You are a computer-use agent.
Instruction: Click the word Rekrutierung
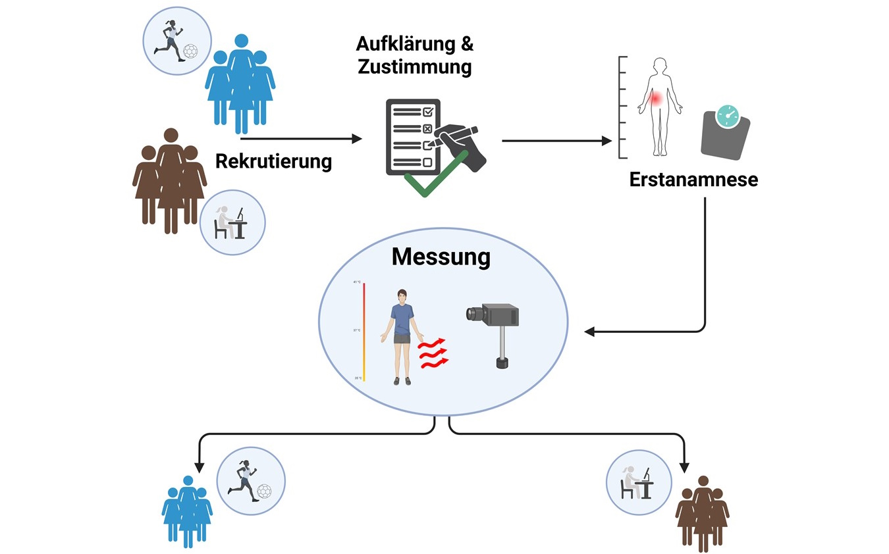(x=273, y=161)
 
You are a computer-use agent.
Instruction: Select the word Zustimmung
(x=414, y=67)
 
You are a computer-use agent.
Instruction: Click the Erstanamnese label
(x=693, y=179)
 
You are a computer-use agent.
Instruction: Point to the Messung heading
(x=441, y=257)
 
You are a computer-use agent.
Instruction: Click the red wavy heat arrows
(x=431, y=353)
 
